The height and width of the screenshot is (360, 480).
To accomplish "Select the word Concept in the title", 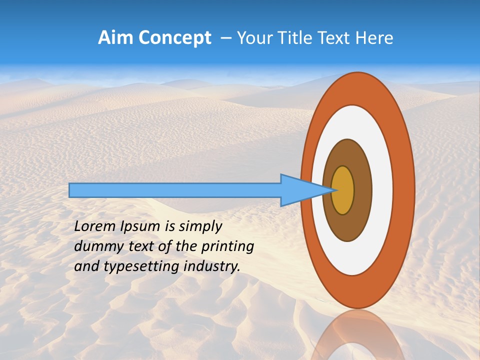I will pos(175,37).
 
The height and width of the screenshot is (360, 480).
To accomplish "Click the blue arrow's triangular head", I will pos(300,190).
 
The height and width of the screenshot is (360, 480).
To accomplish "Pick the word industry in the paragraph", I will pos(212,266).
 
